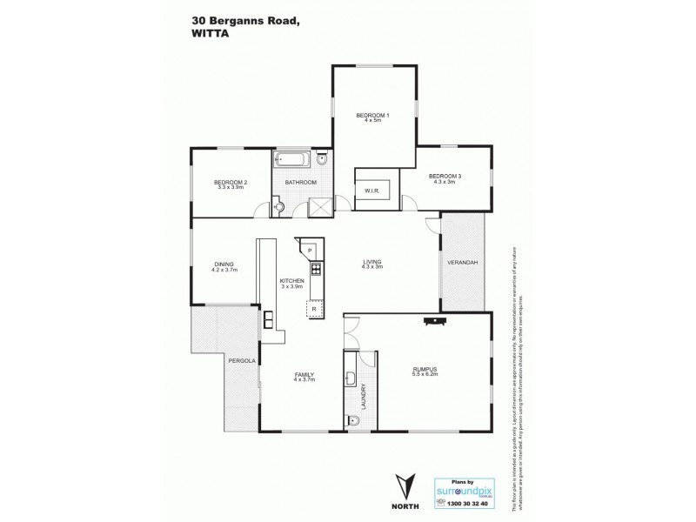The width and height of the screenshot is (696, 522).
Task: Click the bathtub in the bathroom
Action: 291,161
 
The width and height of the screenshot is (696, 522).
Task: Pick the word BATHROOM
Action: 301,183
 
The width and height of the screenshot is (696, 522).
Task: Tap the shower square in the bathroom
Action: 319,206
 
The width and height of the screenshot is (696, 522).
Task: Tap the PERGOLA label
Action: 239,359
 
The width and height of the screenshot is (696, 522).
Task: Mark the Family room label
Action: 304,377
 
